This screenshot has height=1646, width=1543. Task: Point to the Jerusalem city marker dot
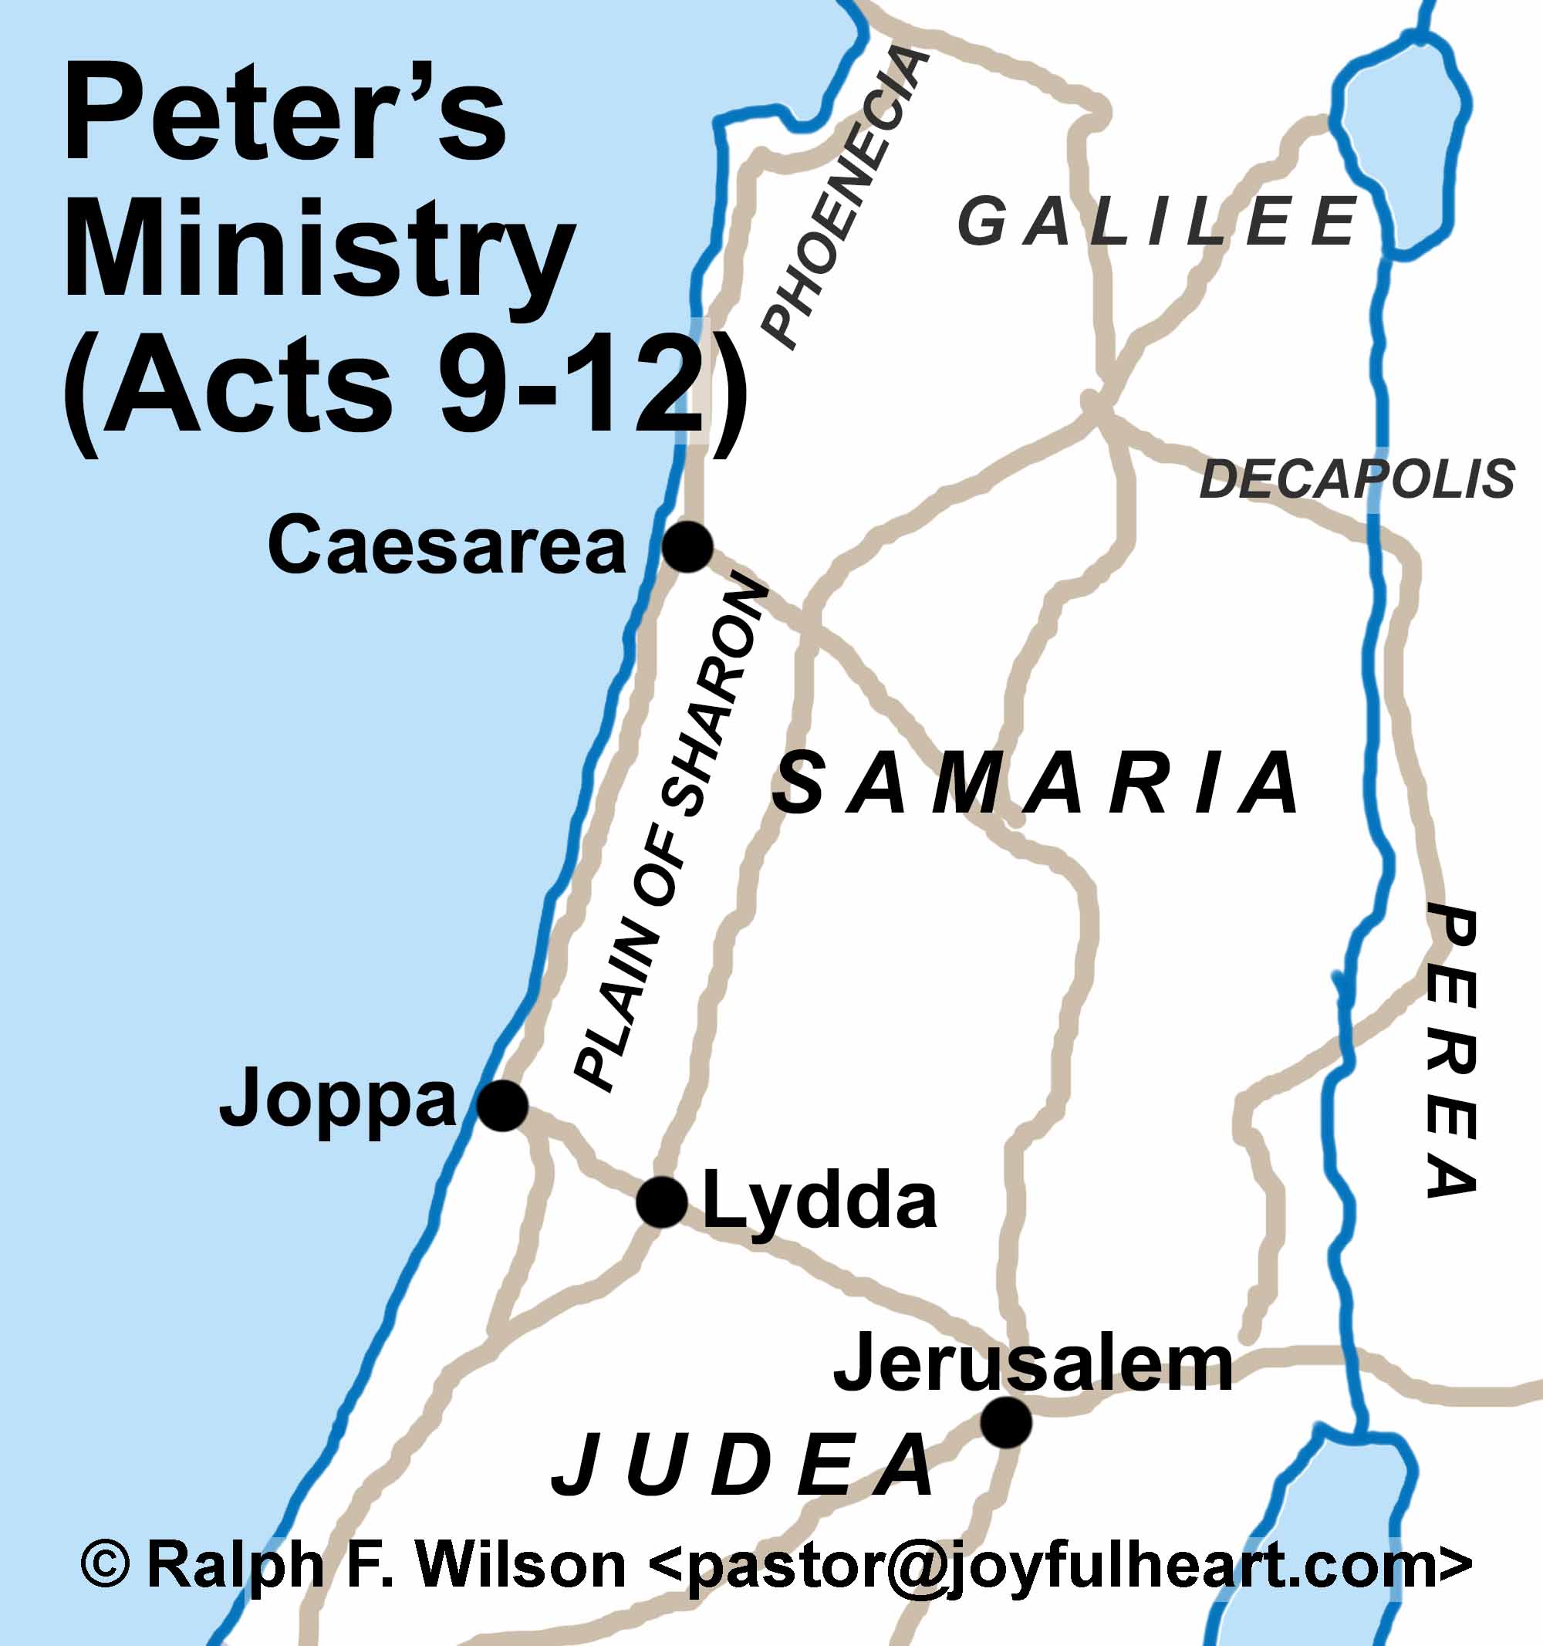click(1006, 1421)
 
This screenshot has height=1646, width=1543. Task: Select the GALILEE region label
click(1157, 222)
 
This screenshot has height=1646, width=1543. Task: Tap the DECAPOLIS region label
click(1358, 478)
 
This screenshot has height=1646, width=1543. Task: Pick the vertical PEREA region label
click(1452, 1052)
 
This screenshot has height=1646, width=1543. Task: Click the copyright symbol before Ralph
click(106, 1563)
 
